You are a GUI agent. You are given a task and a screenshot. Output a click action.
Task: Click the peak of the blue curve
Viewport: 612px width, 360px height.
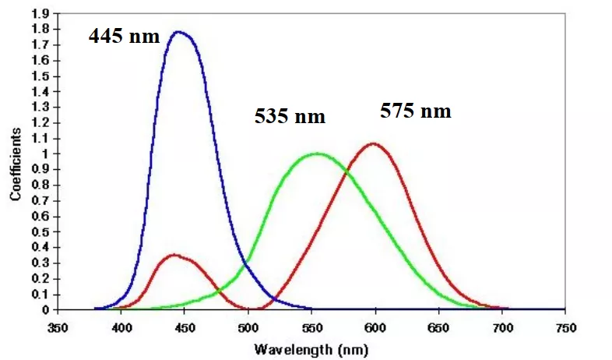tap(180, 32)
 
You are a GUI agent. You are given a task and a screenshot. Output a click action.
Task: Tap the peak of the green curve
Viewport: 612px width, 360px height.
tap(316, 154)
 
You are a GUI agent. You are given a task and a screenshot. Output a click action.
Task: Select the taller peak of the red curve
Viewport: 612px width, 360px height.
tap(375, 143)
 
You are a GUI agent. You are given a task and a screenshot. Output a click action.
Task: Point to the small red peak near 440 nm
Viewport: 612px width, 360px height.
tap(174, 255)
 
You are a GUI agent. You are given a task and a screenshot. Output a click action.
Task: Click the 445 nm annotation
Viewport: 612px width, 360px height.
tap(124, 36)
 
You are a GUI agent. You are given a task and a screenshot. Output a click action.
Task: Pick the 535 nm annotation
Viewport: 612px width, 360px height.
tap(290, 117)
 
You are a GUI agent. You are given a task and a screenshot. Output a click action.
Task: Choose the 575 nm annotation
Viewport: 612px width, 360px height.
tap(416, 111)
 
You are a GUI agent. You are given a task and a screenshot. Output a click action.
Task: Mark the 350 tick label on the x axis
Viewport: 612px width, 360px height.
tap(58, 327)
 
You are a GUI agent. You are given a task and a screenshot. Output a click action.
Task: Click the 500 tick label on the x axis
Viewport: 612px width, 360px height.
tap(248, 327)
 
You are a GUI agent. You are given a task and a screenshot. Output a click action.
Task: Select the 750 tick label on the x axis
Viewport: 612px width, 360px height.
tap(565, 327)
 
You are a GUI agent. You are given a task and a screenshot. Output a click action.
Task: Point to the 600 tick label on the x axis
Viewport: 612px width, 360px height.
tap(375, 327)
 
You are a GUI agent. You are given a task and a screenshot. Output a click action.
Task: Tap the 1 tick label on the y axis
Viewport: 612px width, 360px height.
tap(46, 154)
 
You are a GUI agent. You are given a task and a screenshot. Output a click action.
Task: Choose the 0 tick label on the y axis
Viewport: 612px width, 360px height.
tap(46, 310)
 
